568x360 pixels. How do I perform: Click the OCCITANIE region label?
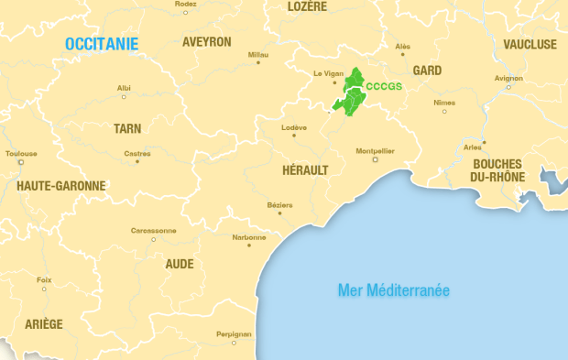coord(102,43)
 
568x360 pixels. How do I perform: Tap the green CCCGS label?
coord(384,86)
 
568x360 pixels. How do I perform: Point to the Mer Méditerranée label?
coord(394,290)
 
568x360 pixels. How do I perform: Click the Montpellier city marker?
coord(375,159)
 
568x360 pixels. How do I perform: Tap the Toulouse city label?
coord(21,153)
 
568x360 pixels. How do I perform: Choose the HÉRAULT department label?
coord(305,169)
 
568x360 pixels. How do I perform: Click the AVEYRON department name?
coord(207,42)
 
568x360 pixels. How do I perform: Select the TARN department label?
coord(127,129)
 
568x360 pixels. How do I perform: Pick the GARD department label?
coord(427,71)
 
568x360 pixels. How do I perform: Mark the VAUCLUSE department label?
coord(530,44)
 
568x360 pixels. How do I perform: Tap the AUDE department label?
coord(179,264)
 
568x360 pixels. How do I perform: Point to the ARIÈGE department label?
coord(44,324)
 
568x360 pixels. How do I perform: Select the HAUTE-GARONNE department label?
coord(61,186)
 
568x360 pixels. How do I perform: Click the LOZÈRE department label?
coord(307,6)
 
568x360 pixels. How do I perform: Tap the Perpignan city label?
coord(234,333)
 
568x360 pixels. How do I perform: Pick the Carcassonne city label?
coord(153,230)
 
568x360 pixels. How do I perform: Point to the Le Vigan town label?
coord(327,73)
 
